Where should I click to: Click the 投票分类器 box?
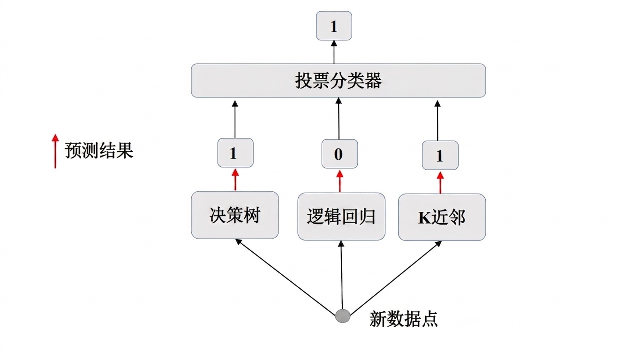tap(339, 81)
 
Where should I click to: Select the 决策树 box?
tap(235, 215)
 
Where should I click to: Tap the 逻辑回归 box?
tap(341, 216)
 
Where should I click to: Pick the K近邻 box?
tap(442, 217)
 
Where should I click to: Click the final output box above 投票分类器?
tap(334, 26)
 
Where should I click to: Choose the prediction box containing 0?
tap(339, 154)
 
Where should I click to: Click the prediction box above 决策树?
tap(235, 152)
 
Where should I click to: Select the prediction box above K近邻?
tap(440, 155)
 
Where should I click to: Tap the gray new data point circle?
tap(343, 316)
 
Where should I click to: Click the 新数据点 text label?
tap(403, 319)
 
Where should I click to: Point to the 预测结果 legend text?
tap(99, 150)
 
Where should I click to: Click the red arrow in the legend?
tap(55, 151)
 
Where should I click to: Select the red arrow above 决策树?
tap(235, 180)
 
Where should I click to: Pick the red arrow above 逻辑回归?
tap(340, 181)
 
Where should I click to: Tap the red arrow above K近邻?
tap(440, 182)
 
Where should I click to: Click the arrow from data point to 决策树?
tap(286, 276)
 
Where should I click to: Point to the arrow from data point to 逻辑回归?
tap(342, 275)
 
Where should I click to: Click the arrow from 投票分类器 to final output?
tap(334, 52)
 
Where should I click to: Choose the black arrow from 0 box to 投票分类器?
tap(339, 118)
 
